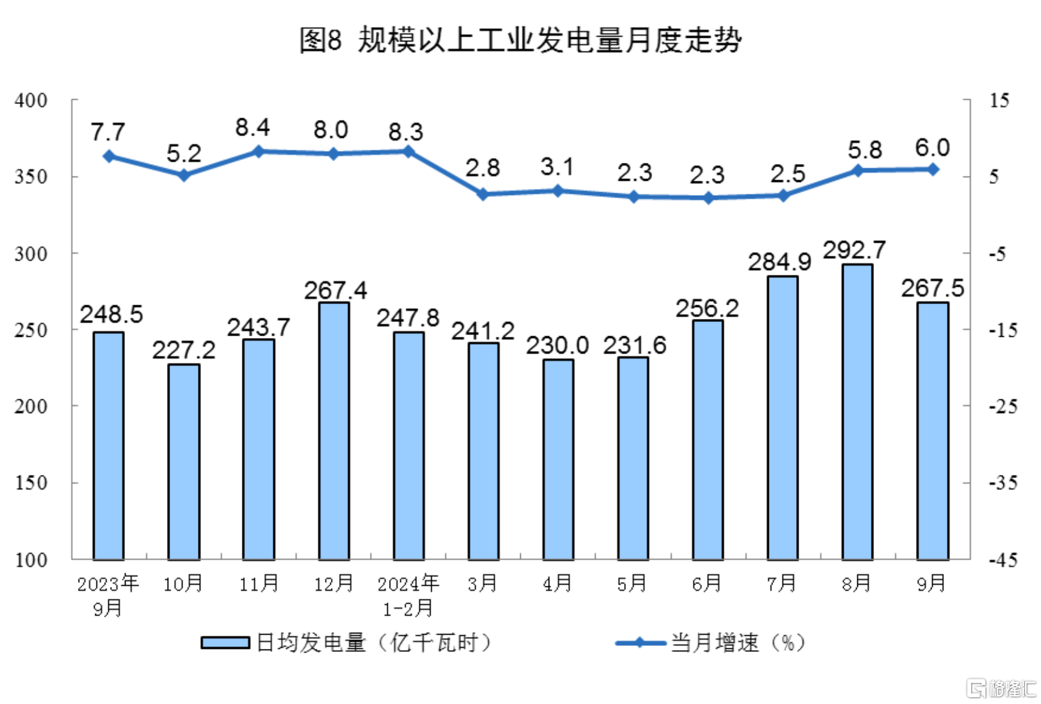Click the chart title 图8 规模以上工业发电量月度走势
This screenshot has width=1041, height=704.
(x=520, y=40)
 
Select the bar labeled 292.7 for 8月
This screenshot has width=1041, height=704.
(x=857, y=412)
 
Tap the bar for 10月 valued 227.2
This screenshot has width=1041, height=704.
(x=184, y=461)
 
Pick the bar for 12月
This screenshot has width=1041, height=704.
(x=333, y=431)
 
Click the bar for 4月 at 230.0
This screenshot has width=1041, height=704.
(x=558, y=459)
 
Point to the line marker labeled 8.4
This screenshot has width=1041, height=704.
(x=259, y=152)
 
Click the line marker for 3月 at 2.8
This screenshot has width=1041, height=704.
(x=483, y=194)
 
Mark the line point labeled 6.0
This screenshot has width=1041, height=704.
(x=933, y=170)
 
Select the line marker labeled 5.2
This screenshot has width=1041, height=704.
(x=184, y=175)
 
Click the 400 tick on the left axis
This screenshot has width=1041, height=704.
(x=31, y=100)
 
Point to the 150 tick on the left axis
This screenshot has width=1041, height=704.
(x=31, y=483)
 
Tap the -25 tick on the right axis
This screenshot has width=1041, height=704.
(x=1003, y=407)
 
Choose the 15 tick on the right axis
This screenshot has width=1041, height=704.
(x=999, y=100)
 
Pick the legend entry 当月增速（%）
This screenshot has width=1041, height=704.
(x=711, y=643)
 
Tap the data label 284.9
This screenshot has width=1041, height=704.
(x=779, y=262)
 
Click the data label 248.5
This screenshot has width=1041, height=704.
(x=111, y=315)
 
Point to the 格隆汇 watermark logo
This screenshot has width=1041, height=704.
(x=1001, y=688)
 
